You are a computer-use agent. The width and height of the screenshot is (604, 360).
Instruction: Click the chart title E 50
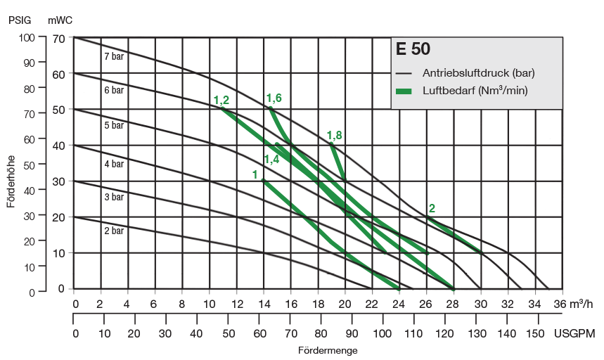tap(413, 50)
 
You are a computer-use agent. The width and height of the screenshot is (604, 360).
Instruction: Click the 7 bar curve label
tap(113, 56)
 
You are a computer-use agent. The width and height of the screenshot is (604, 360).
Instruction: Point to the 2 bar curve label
tap(113, 231)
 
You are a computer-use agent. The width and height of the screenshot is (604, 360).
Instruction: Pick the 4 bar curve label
tap(113, 165)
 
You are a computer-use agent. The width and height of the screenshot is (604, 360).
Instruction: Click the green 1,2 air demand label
tap(221, 101)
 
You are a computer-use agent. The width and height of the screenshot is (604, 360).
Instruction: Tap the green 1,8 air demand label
tap(335, 136)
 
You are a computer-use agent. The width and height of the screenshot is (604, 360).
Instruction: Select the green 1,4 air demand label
tap(271, 160)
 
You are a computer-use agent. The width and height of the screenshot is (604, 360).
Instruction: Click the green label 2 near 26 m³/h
tap(432, 208)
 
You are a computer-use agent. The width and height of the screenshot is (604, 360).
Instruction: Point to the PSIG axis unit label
tap(20, 20)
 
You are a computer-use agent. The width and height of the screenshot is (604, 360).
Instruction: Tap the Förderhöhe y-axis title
tap(11, 181)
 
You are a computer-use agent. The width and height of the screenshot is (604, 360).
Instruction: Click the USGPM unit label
tap(574, 333)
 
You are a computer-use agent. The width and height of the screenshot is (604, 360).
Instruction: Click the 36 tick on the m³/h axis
tap(559, 304)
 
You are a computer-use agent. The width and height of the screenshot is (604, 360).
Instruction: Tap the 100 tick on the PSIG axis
tap(26, 37)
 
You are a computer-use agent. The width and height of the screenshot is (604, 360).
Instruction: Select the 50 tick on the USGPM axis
tap(229, 333)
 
